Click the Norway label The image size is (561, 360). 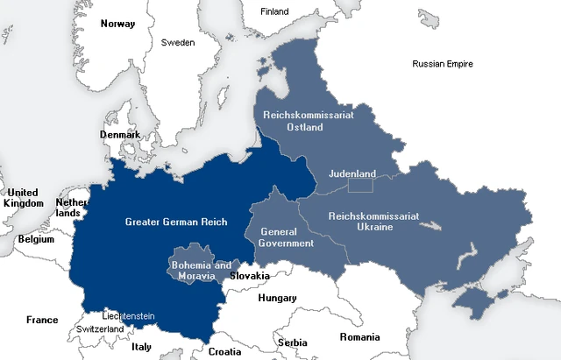click(x=117, y=24)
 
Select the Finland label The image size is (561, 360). click(x=274, y=11)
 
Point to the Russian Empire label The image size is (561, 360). click(x=443, y=64)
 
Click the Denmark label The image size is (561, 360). click(x=119, y=135)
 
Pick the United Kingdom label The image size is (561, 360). click(x=23, y=198)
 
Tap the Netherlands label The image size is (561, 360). click(x=71, y=208)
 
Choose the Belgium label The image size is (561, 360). click(x=36, y=239)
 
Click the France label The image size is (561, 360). click(x=42, y=320)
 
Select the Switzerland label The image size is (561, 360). click(x=100, y=329)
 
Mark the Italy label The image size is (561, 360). click(x=141, y=347)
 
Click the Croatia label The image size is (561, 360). click(x=224, y=351)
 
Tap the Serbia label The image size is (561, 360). click(x=292, y=342)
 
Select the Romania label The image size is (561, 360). click(x=360, y=337)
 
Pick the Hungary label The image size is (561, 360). click(x=277, y=299)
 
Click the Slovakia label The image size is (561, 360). click(x=249, y=275)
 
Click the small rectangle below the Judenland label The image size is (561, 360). click(x=360, y=185)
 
